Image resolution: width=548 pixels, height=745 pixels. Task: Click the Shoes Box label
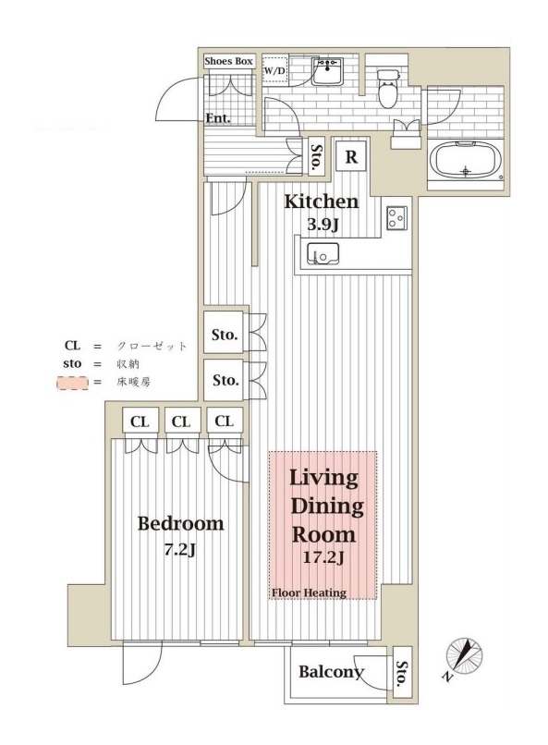pyautogui.click(x=228, y=61)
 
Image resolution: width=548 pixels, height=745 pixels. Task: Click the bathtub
pyautogui.click(x=465, y=161)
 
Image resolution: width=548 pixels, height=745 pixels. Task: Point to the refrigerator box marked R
pyautogui.click(x=351, y=156)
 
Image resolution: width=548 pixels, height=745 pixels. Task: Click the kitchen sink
pyautogui.click(x=323, y=251)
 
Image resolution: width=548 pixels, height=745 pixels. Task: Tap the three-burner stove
pyautogui.click(x=397, y=218)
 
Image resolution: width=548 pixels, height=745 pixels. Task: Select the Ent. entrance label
pyautogui.click(x=218, y=118)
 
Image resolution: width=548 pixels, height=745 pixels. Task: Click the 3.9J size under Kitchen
pyautogui.click(x=322, y=224)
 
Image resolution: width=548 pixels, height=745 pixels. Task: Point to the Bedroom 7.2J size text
pyautogui.click(x=180, y=550)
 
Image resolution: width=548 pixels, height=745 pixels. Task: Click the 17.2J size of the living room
pyautogui.click(x=323, y=557)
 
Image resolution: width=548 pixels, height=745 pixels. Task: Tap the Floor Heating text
pyautogui.click(x=309, y=592)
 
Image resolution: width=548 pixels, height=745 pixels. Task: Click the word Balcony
pyautogui.click(x=331, y=672)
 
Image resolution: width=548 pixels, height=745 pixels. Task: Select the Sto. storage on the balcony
pyautogui.click(x=403, y=672)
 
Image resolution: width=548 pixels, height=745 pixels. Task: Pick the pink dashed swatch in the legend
pyautogui.click(x=72, y=383)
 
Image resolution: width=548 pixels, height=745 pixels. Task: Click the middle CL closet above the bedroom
pyautogui.click(x=181, y=421)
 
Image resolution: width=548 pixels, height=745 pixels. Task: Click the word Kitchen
pyautogui.click(x=322, y=202)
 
